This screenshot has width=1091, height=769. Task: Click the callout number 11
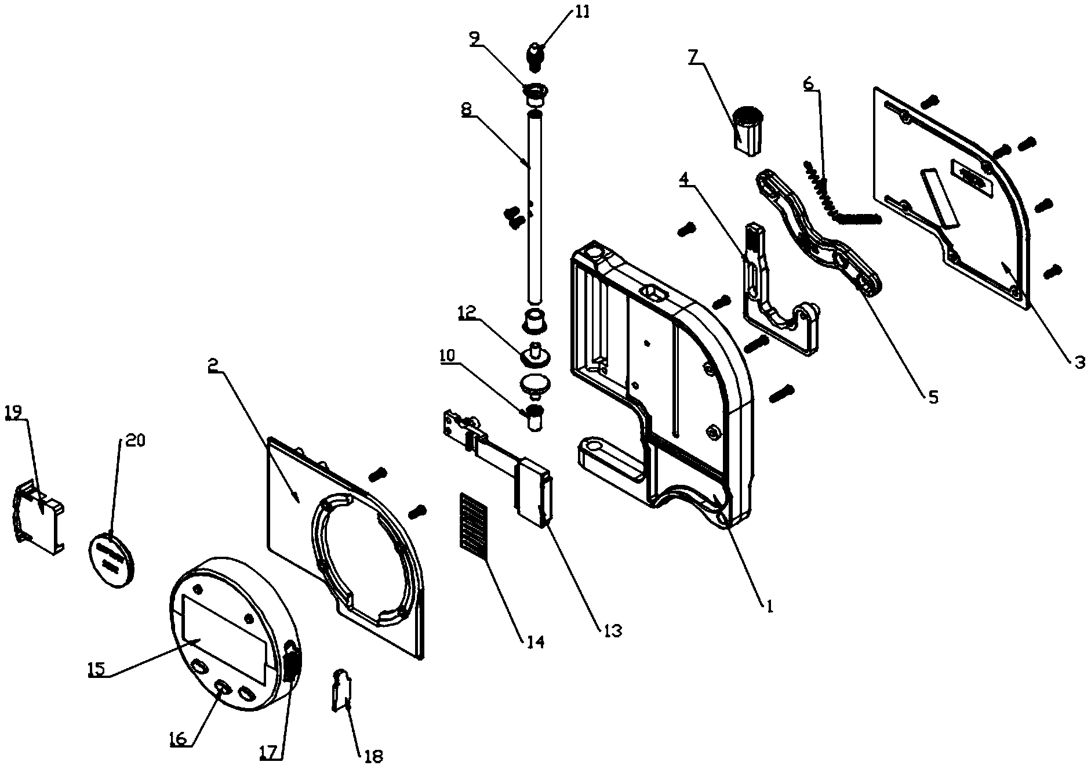(x=581, y=12)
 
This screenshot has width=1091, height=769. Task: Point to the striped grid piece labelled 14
(x=474, y=528)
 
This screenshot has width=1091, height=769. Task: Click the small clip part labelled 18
(x=343, y=688)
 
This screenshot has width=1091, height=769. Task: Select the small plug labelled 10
(x=534, y=418)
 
